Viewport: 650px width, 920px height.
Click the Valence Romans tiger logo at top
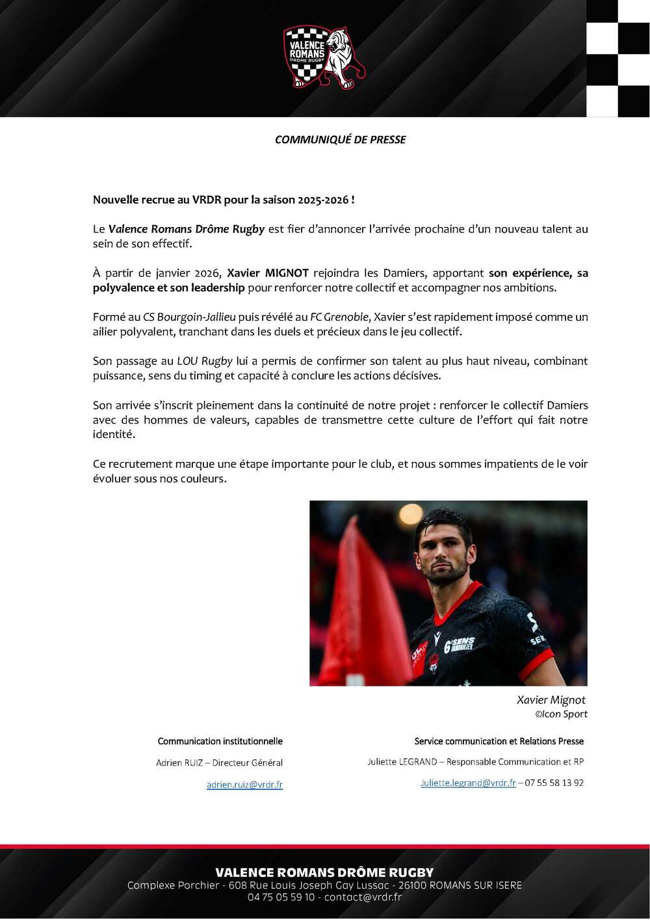click(x=324, y=57)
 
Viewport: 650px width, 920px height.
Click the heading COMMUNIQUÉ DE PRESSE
click(x=340, y=139)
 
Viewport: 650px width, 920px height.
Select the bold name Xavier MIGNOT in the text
click(x=268, y=273)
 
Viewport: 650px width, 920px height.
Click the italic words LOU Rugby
click(x=205, y=361)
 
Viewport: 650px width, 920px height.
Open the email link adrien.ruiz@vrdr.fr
click(x=244, y=785)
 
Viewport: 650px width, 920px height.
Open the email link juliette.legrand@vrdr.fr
click(x=468, y=783)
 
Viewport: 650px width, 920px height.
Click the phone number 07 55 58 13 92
click(x=554, y=783)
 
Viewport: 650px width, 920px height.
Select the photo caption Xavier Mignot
click(x=551, y=700)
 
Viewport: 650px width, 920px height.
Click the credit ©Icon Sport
click(x=561, y=714)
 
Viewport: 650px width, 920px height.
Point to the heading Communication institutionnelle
click(x=220, y=741)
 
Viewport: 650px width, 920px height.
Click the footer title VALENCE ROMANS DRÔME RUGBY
click(x=324, y=873)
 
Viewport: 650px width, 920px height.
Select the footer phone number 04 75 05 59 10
click(x=281, y=897)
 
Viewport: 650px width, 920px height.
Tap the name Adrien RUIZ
click(x=179, y=763)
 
